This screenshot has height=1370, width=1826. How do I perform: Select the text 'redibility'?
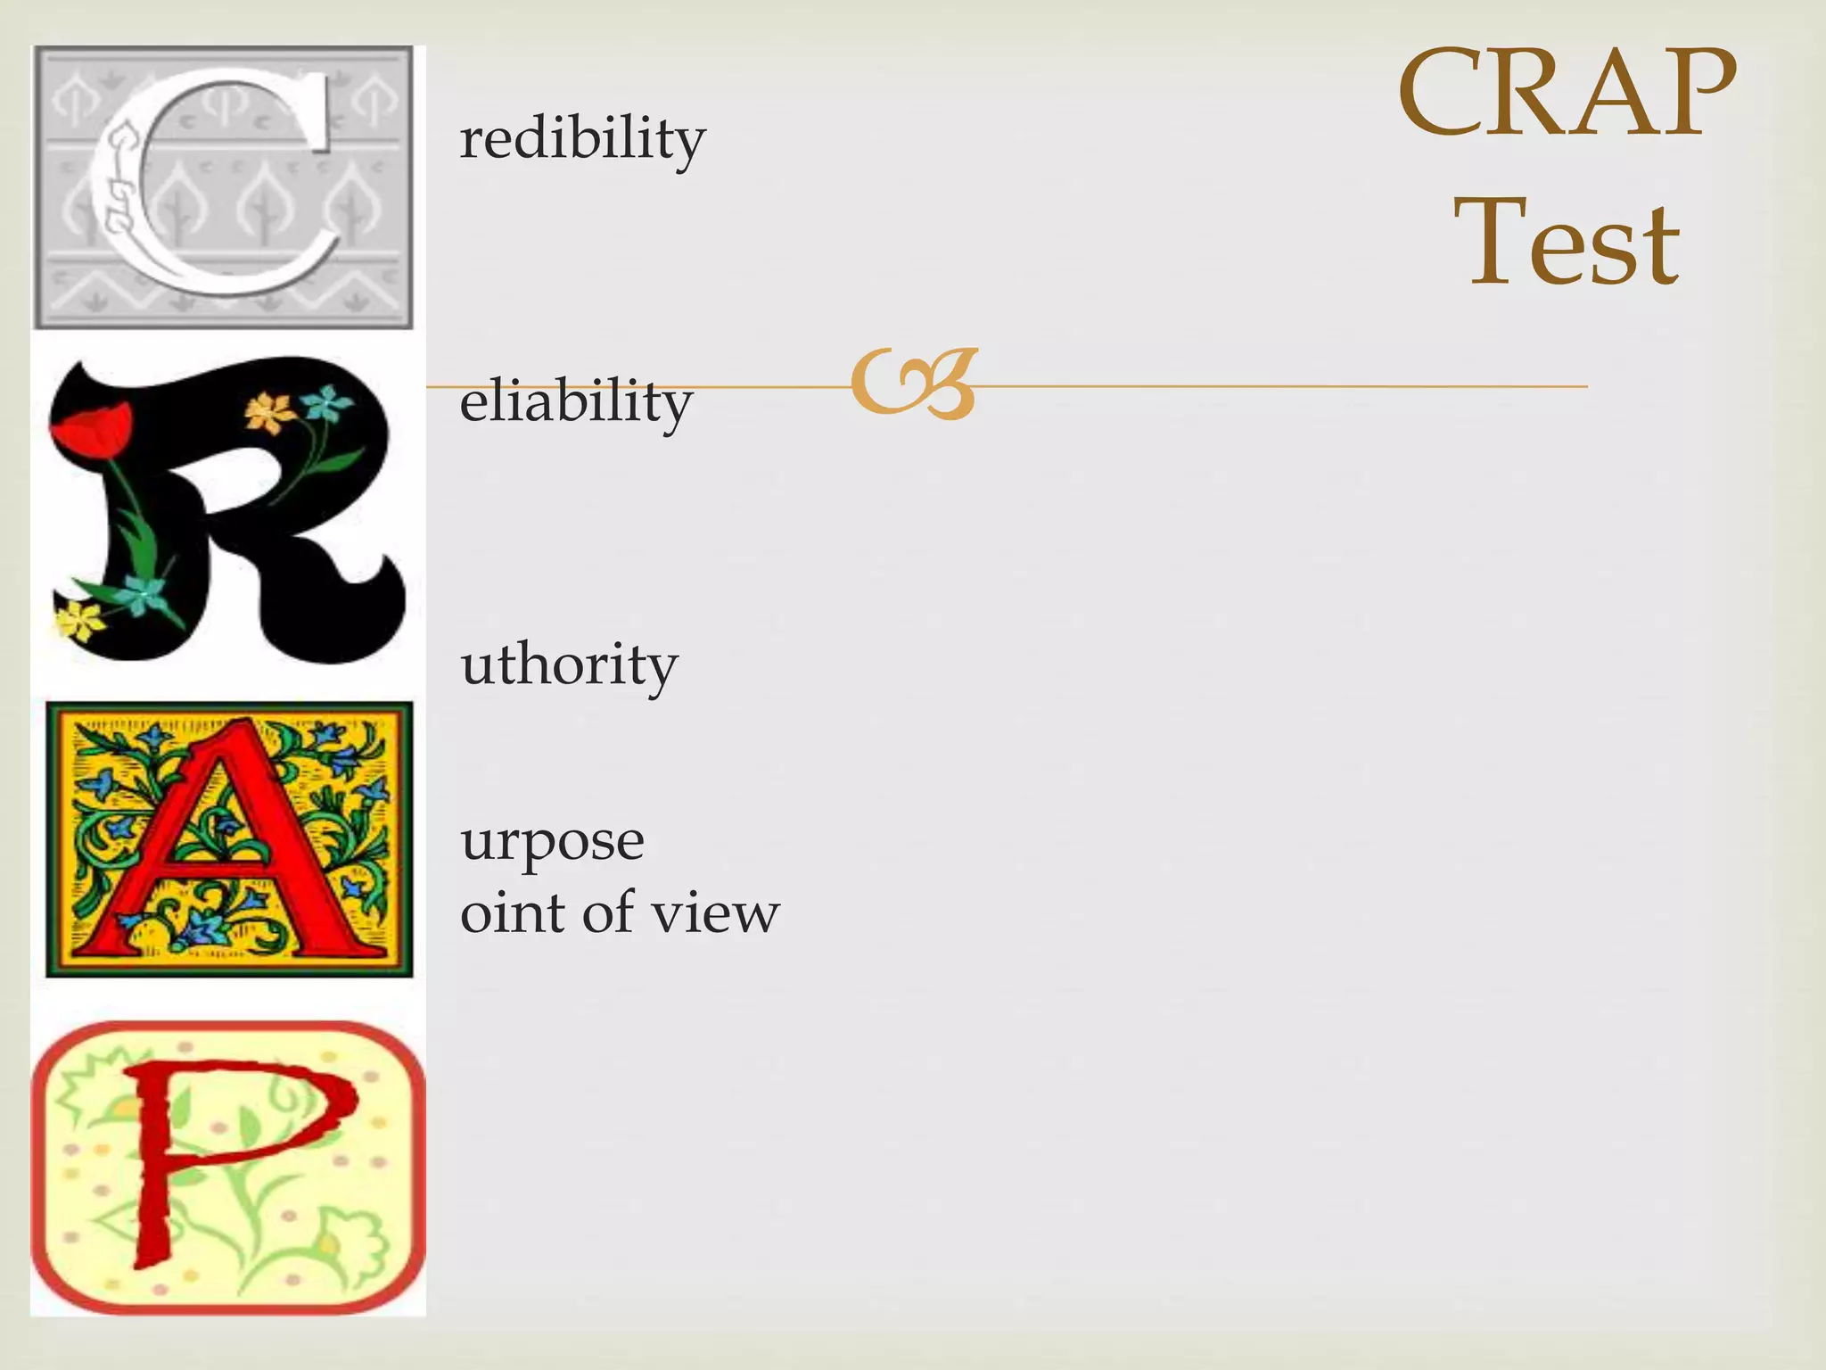582,139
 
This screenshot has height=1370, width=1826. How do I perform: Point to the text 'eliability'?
576,401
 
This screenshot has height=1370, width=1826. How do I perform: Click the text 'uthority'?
569,665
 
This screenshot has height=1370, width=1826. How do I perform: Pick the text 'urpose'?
552,842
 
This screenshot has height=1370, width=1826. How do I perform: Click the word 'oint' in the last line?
512,913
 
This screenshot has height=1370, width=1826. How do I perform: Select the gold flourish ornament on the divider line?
914,384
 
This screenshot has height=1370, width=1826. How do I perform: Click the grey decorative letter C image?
223,187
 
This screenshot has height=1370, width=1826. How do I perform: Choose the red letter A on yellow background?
229,838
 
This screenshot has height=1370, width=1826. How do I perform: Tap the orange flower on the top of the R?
269,412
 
